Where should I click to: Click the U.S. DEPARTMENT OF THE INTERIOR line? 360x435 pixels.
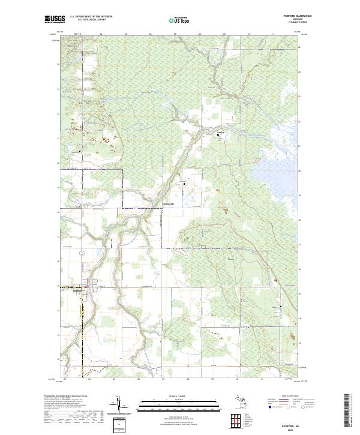tap(89, 17)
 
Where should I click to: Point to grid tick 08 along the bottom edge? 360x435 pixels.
tap(188, 379)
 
